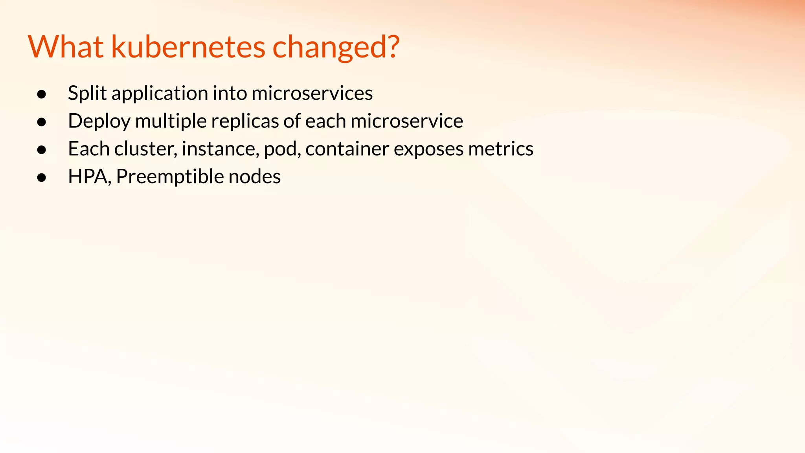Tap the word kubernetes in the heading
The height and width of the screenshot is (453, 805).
tap(188, 47)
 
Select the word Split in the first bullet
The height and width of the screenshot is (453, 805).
tap(87, 94)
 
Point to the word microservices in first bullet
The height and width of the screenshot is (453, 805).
tap(312, 94)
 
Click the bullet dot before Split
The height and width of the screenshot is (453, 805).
tap(42, 94)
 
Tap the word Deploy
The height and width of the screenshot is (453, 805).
tap(99, 122)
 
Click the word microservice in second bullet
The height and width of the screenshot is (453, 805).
tap(407, 121)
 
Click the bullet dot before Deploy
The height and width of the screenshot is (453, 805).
tap(42, 122)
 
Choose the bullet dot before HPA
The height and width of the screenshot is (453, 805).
tap(42, 178)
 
